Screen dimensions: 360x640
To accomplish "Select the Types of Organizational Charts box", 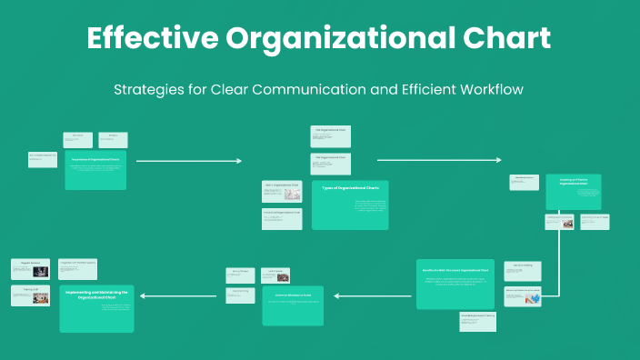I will point(349,204).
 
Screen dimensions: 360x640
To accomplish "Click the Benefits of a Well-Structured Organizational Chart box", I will point(455,283).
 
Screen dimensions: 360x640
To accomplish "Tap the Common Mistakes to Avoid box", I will point(293,305).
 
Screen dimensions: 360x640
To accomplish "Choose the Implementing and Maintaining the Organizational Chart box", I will point(95,307).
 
